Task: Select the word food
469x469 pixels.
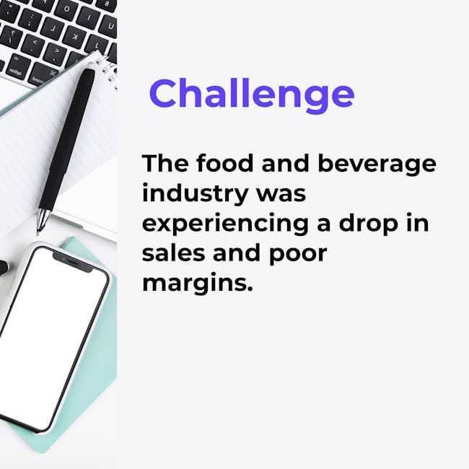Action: coord(225,163)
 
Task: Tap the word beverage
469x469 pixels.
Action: coord(377,165)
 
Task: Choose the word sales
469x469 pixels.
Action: coord(174,253)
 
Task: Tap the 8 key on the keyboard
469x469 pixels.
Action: coord(107,4)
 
